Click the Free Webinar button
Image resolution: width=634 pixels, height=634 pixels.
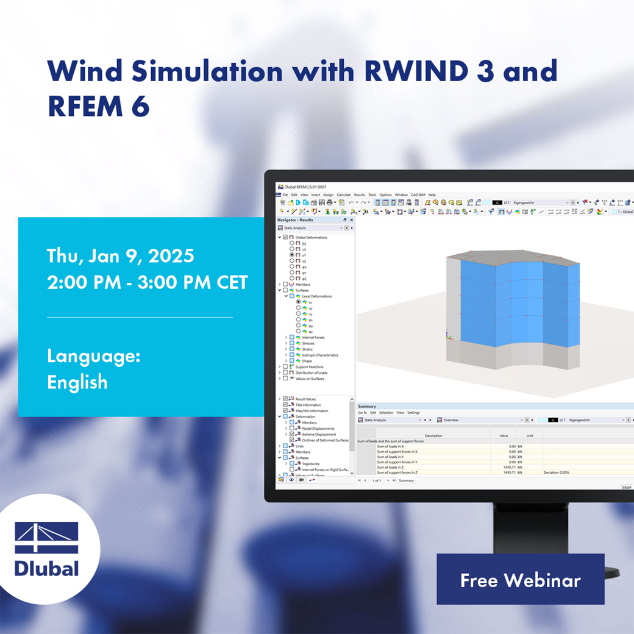tap(520, 580)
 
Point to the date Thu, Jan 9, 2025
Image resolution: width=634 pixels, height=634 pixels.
tap(121, 255)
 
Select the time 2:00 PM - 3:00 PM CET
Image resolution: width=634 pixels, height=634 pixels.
tap(148, 282)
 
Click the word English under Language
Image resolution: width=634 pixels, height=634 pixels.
tap(77, 382)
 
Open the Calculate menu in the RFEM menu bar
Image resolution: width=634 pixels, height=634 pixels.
tap(344, 194)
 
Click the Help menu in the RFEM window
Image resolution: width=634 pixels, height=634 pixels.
tap(432, 194)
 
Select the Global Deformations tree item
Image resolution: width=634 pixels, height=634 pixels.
tap(311, 237)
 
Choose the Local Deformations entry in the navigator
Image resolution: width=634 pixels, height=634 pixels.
tap(317, 296)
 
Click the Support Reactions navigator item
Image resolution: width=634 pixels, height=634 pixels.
tap(310, 366)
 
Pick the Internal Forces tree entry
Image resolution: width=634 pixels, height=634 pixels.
tap(313, 337)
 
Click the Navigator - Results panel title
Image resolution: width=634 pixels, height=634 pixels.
tap(295, 219)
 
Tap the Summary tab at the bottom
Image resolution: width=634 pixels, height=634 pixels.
tap(406, 480)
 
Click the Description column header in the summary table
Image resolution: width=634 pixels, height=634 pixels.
tap(433, 435)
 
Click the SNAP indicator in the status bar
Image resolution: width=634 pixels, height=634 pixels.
tap(626, 487)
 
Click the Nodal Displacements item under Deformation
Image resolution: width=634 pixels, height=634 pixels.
tap(318, 429)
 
